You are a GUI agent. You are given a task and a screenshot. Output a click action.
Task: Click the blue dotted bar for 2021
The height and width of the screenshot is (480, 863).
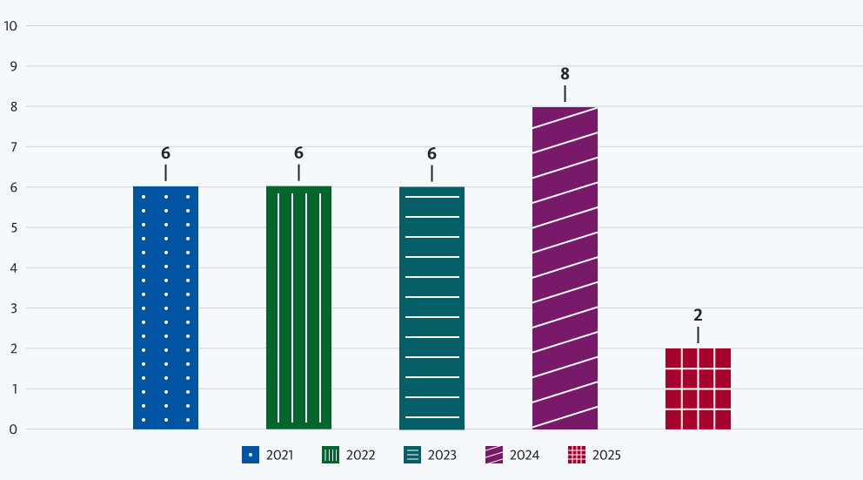point(165,308)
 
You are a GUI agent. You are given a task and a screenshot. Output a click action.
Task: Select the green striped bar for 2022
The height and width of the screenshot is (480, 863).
point(298,308)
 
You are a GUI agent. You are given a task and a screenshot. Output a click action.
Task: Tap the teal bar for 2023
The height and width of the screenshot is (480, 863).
point(431,308)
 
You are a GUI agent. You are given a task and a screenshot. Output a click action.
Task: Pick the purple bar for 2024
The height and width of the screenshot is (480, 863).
point(565,267)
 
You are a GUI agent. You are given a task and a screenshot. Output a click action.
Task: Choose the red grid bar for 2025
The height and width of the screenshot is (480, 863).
point(698,389)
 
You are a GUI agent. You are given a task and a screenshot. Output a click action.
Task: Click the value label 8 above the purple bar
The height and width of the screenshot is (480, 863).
point(565,74)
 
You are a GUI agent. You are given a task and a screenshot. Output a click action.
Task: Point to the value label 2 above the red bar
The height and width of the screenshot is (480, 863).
point(698,315)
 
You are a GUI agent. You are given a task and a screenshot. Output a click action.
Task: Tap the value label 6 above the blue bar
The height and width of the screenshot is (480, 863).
point(165,153)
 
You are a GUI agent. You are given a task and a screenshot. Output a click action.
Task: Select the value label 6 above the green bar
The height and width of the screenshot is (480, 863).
point(298,153)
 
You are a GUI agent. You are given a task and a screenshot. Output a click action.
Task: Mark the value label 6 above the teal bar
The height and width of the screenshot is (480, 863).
point(431,153)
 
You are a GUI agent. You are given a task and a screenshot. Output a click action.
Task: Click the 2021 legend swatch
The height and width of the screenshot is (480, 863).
point(251,455)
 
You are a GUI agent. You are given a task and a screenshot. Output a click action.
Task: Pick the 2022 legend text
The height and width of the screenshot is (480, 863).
point(360,455)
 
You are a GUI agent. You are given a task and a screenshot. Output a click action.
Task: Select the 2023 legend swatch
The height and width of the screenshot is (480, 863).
point(413,455)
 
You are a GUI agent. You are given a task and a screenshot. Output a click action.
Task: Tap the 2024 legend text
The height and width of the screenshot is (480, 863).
point(525,455)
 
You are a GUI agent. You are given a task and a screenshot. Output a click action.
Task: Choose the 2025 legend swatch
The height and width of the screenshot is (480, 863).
point(576,455)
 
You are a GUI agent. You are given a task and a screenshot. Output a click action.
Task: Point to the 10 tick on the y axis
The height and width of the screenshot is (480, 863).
point(11,25)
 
